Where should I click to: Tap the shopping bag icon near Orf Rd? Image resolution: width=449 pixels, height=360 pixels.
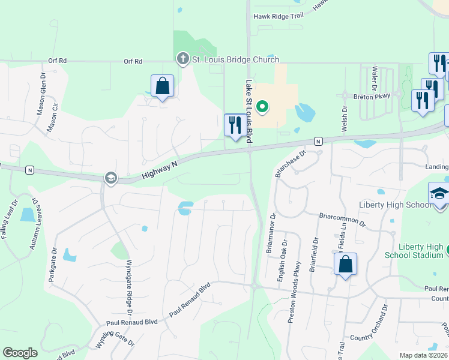pyautogui.click(x=162, y=86)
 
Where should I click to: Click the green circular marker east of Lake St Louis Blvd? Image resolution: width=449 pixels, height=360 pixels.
pyautogui.click(x=262, y=107)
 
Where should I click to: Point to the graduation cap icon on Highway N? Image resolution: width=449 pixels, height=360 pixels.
pyautogui.click(x=110, y=178)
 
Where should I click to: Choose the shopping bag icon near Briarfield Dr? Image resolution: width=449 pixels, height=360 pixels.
pyautogui.click(x=345, y=265)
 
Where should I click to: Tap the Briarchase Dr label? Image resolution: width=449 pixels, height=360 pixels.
pyautogui.click(x=291, y=161)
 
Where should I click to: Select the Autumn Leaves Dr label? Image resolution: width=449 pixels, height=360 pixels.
pyautogui.click(x=34, y=224)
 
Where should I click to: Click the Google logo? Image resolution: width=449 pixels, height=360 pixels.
pyautogui.click(x=20, y=353)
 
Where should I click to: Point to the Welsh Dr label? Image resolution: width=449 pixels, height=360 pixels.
pyautogui.click(x=345, y=119)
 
